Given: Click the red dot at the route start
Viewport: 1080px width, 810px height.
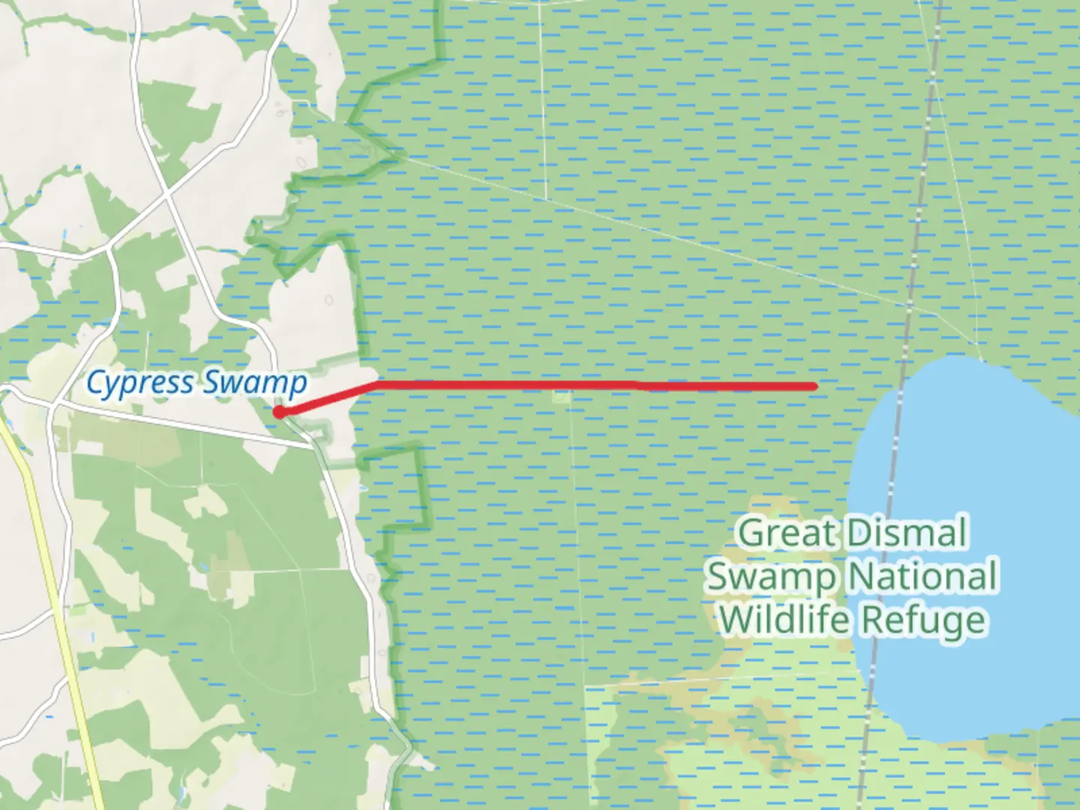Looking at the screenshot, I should (x=278, y=411).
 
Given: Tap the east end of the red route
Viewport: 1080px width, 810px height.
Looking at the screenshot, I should (x=814, y=386).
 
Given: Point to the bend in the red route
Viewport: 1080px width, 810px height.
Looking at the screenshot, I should (x=376, y=384).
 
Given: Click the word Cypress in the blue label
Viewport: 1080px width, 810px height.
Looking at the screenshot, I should (x=140, y=382).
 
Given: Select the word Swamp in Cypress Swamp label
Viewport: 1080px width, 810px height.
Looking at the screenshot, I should (x=255, y=382).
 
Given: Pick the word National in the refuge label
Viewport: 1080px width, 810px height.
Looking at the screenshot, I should (x=923, y=576).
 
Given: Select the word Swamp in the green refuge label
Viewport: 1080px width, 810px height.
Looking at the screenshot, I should (x=772, y=576).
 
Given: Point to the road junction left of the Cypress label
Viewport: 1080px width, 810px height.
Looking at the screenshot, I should (x=53, y=404).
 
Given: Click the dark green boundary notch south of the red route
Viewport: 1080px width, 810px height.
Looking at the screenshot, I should (x=416, y=487).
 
